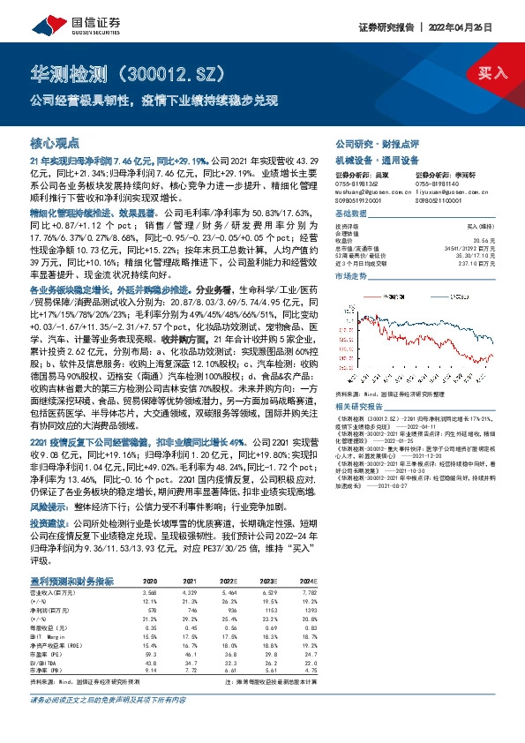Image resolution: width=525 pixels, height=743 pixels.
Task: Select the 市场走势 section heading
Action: pyautogui.click(x=352, y=277)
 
